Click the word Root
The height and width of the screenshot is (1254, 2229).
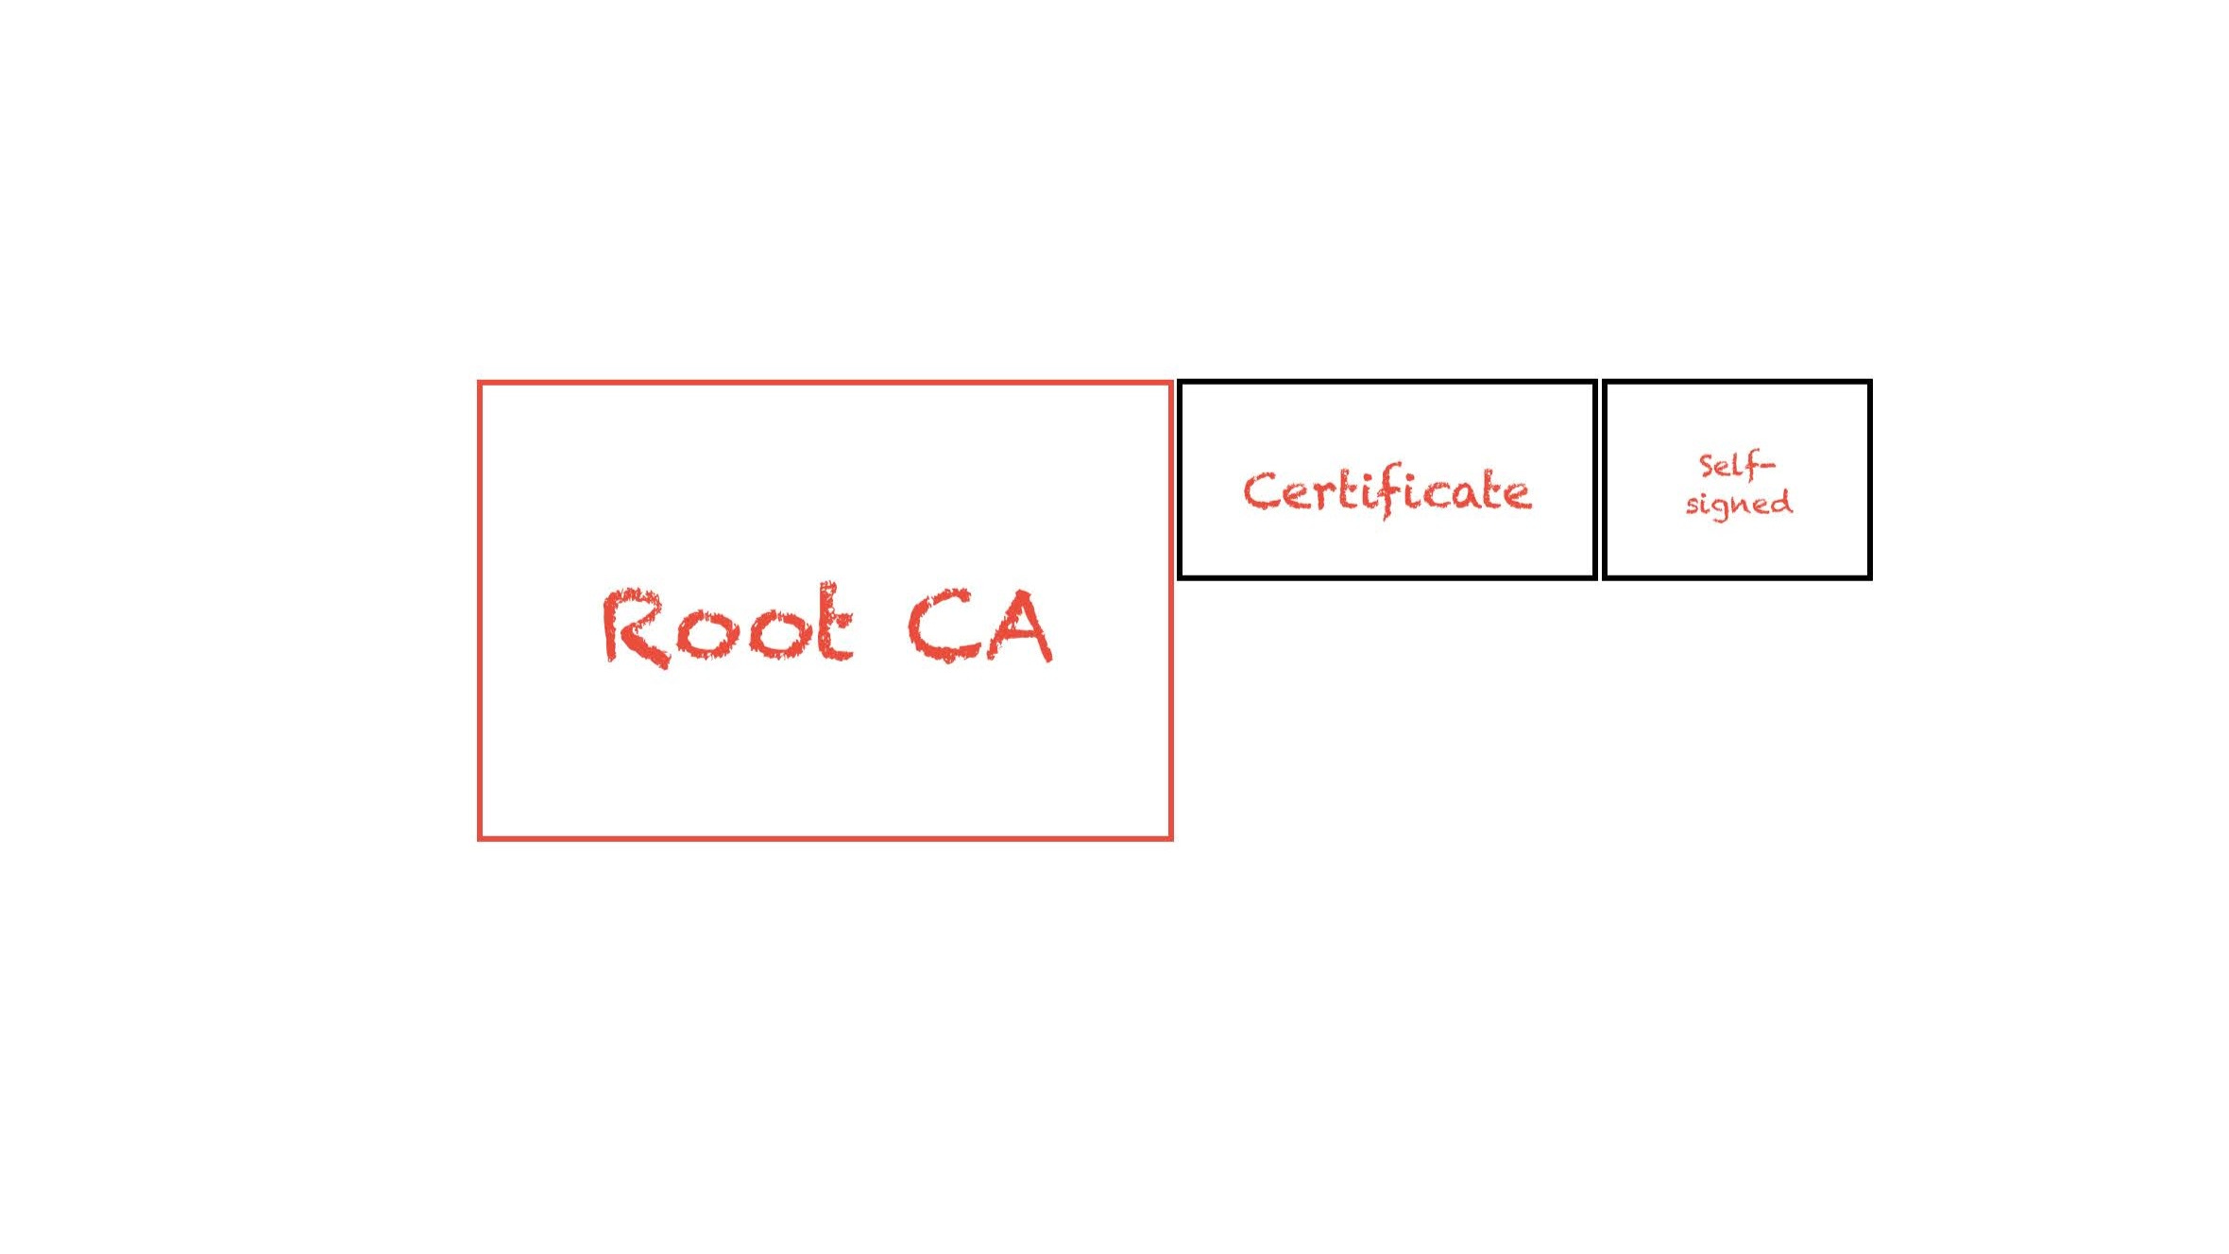point(727,626)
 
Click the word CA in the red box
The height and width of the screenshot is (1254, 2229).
point(979,626)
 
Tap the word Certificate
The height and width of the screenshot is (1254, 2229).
point(1387,491)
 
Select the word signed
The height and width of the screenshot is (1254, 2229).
point(1739,503)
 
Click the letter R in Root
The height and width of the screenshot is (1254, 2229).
point(631,627)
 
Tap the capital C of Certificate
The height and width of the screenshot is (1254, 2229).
point(1259,491)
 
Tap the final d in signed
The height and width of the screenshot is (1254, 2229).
point(1781,501)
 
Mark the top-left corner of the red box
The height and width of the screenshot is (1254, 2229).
point(480,384)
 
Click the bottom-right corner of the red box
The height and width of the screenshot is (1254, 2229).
point(1171,837)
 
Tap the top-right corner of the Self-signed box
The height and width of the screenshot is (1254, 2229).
point(1869,383)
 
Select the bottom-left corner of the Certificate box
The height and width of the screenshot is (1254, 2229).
point(1181,575)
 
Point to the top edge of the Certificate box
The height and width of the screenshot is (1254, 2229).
point(1387,383)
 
